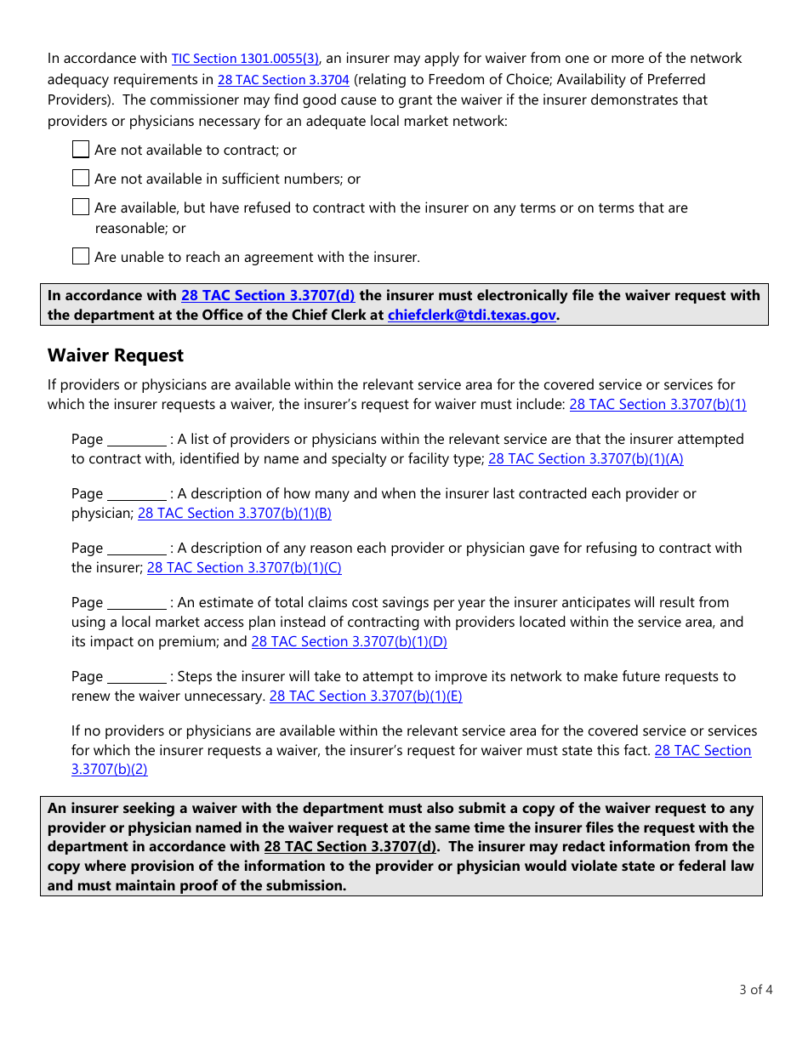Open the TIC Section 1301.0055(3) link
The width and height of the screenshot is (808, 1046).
[x=245, y=59]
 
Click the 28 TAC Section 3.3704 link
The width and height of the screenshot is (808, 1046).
[x=283, y=80]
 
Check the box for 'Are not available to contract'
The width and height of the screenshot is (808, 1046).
[x=81, y=150]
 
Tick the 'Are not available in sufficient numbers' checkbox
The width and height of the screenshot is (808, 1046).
[x=81, y=179]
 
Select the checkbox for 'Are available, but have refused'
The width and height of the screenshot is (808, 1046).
[x=81, y=207]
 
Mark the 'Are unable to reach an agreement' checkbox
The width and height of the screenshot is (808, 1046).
[x=81, y=257]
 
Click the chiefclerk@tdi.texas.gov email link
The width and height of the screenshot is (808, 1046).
[x=471, y=315]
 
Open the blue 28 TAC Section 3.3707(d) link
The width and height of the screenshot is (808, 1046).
[x=268, y=295]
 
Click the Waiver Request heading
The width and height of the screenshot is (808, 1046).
[x=116, y=355]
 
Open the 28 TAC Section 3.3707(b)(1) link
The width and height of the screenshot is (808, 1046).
[x=657, y=405]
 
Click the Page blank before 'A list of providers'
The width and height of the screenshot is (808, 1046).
[x=136, y=440]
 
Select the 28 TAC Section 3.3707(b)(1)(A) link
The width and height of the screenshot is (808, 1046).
[x=585, y=459]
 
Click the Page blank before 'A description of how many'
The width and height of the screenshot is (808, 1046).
[x=136, y=494]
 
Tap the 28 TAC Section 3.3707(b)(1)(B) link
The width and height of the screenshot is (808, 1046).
[x=234, y=514]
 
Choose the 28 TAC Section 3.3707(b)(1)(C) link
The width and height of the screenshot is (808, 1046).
[x=244, y=568]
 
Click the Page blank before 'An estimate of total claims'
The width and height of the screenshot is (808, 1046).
[x=136, y=603]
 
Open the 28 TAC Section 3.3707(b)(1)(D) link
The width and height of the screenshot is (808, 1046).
[x=349, y=642]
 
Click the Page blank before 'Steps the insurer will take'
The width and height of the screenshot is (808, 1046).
[x=136, y=677]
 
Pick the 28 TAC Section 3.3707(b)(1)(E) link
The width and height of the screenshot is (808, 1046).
[x=366, y=696]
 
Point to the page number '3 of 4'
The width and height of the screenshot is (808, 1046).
[x=755, y=989]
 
